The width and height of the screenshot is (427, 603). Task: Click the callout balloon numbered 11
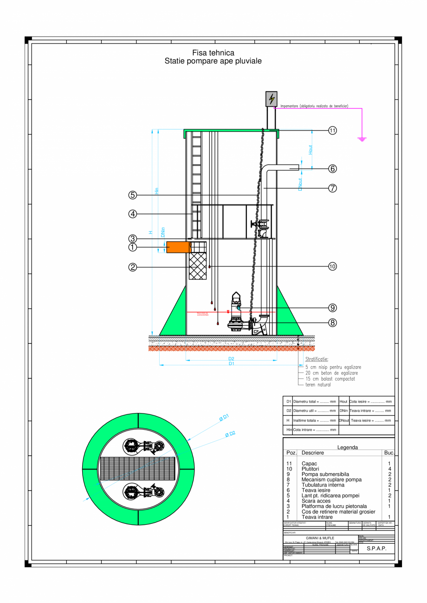tap(332, 131)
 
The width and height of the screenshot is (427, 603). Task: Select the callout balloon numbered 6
tap(332, 169)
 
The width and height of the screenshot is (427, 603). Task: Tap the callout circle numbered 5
tap(133, 195)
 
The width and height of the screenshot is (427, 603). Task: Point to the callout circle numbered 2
tap(133, 267)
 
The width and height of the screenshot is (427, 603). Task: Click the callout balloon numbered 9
tap(332, 307)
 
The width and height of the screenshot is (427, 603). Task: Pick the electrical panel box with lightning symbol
tap(272, 99)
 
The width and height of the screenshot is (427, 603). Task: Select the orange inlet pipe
tap(178, 247)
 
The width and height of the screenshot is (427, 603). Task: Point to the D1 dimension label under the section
tap(231, 364)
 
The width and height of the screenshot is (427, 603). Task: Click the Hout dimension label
tap(311, 150)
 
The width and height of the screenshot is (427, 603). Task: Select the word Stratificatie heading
tap(317, 359)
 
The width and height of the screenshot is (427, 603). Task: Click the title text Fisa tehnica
tap(213, 53)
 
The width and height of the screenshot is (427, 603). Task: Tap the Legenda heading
tap(348, 447)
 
